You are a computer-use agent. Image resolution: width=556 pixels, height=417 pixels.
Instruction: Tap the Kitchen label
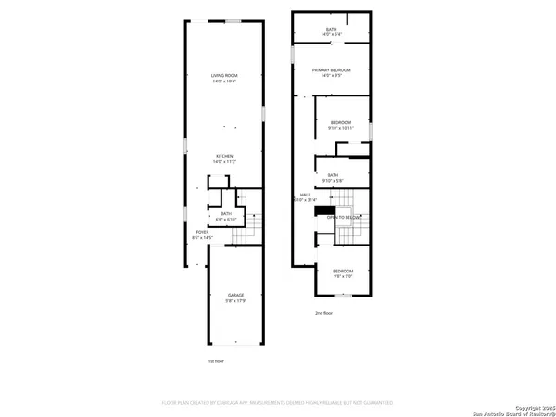224,156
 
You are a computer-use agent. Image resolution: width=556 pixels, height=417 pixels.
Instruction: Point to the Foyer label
201,232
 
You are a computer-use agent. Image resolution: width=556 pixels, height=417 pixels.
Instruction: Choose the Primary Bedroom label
332,70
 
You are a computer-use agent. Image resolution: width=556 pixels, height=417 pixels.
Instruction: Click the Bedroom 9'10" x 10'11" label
341,123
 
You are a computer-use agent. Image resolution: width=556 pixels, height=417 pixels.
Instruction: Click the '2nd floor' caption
323,314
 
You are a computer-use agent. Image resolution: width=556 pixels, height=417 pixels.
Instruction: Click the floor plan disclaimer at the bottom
278,403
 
